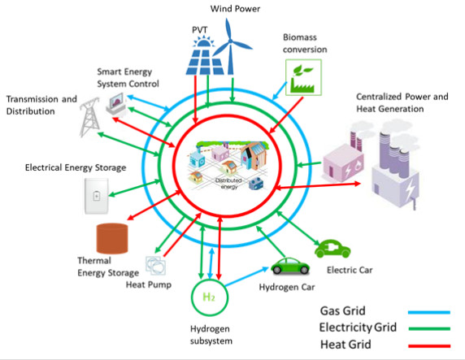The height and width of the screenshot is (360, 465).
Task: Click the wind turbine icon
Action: (230, 47)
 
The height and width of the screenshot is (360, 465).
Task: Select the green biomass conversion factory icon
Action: (303, 77)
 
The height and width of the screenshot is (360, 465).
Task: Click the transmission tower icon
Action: (89, 117)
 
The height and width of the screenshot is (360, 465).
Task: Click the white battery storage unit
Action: (97, 196)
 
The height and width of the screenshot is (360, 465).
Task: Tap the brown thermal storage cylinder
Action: (112, 238)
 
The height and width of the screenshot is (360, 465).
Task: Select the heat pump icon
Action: (155, 266)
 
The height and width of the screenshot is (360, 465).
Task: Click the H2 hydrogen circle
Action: (210, 297)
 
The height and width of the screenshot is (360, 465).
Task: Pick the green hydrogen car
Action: (290, 266)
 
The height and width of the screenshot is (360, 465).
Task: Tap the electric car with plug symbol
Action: (332, 249)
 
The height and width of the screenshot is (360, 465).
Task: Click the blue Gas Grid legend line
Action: (429, 312)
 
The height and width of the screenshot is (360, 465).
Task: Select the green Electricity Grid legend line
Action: (429, 328)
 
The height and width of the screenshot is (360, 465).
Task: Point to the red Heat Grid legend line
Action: (429, 345)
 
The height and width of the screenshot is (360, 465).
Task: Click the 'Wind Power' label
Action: (235, 9)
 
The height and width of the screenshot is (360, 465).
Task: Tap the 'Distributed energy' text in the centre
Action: (228, 184)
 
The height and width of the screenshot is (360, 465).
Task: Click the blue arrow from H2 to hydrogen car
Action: (246, 276)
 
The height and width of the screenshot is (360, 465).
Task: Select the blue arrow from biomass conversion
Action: (280, 91)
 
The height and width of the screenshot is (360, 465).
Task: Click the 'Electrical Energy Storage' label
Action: (76, 168)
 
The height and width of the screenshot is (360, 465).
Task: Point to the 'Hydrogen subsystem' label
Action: (211, 335)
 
